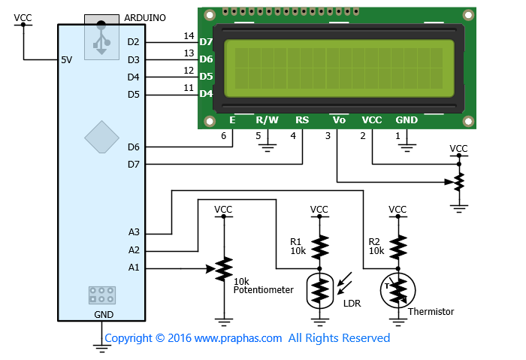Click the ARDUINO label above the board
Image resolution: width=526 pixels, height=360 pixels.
coord(145,18)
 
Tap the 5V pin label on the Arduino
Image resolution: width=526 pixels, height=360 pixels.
coord(66,60)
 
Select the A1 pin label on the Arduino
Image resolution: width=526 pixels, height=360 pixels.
coord(134,268)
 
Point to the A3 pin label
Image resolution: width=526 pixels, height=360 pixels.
coord(134,231)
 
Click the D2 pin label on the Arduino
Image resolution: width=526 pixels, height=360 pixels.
coord(133,42)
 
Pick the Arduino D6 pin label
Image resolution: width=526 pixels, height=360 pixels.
coord(134,147)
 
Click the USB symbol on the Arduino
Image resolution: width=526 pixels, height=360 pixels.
coord(101,38)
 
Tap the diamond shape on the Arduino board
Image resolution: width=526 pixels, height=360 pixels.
coord(101,138)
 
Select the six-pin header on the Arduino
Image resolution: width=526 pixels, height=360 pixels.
coord(102,295)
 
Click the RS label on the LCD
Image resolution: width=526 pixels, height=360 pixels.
coord(302,119)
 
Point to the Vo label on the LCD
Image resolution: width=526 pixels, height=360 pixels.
coord(339,119)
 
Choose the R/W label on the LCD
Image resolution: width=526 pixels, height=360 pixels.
coord(267,119)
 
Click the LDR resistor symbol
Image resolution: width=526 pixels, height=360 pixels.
coord(320,291)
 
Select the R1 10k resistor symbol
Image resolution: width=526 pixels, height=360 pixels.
coord(319,247)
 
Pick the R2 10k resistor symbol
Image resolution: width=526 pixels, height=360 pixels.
coord(398,247)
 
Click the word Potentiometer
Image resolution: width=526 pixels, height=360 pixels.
coord(263,290)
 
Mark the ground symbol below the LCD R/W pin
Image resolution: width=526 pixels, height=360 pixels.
coord(268,148)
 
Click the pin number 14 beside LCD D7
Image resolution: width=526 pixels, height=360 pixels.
coord(189,36)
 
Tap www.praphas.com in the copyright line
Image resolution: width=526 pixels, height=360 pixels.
coord(238,338)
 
